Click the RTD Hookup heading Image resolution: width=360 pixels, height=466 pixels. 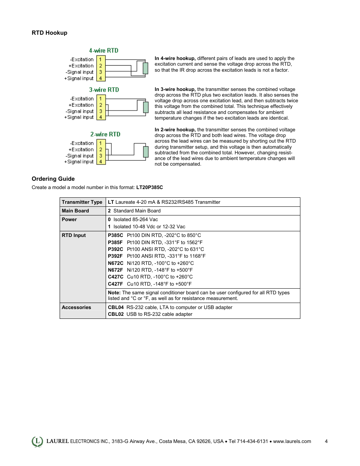[x=49, y=33]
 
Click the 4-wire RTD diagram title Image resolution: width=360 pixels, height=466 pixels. [x=104, y=51]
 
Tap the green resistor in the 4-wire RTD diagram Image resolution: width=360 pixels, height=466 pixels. [x=145, y=68]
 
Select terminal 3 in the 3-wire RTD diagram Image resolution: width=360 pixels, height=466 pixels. [x=101, y=111]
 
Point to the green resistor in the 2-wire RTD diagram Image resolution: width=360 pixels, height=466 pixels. [x=146, y=152]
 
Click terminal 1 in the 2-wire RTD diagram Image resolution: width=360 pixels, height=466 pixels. [x=101, y=143]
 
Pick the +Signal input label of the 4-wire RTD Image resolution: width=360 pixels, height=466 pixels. [x=79, y=78]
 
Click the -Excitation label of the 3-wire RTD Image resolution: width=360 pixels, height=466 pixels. [x=82, y=99]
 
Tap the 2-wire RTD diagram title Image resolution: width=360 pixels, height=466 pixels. [x=105, y=134]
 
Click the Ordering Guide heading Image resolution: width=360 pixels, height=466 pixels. [x=53, y=179]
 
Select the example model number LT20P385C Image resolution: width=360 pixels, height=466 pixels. [x=149, y=188]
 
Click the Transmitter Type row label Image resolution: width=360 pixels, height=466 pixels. [x=82, y=202]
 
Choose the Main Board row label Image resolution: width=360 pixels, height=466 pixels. [x=75, y=211]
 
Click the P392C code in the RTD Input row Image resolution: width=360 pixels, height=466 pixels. [x=115, y=249]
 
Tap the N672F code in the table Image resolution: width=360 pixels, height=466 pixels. [x=115, y=270]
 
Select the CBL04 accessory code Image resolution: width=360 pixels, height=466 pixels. [x=116, y=308]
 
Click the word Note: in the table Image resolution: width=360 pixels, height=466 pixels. [x=114, y=293]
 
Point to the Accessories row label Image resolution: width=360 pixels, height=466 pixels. [x=77, y=308]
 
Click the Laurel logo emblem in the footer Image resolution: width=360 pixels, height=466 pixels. [x=37, y=441]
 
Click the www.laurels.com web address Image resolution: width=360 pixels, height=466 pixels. [x=292, y=441]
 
